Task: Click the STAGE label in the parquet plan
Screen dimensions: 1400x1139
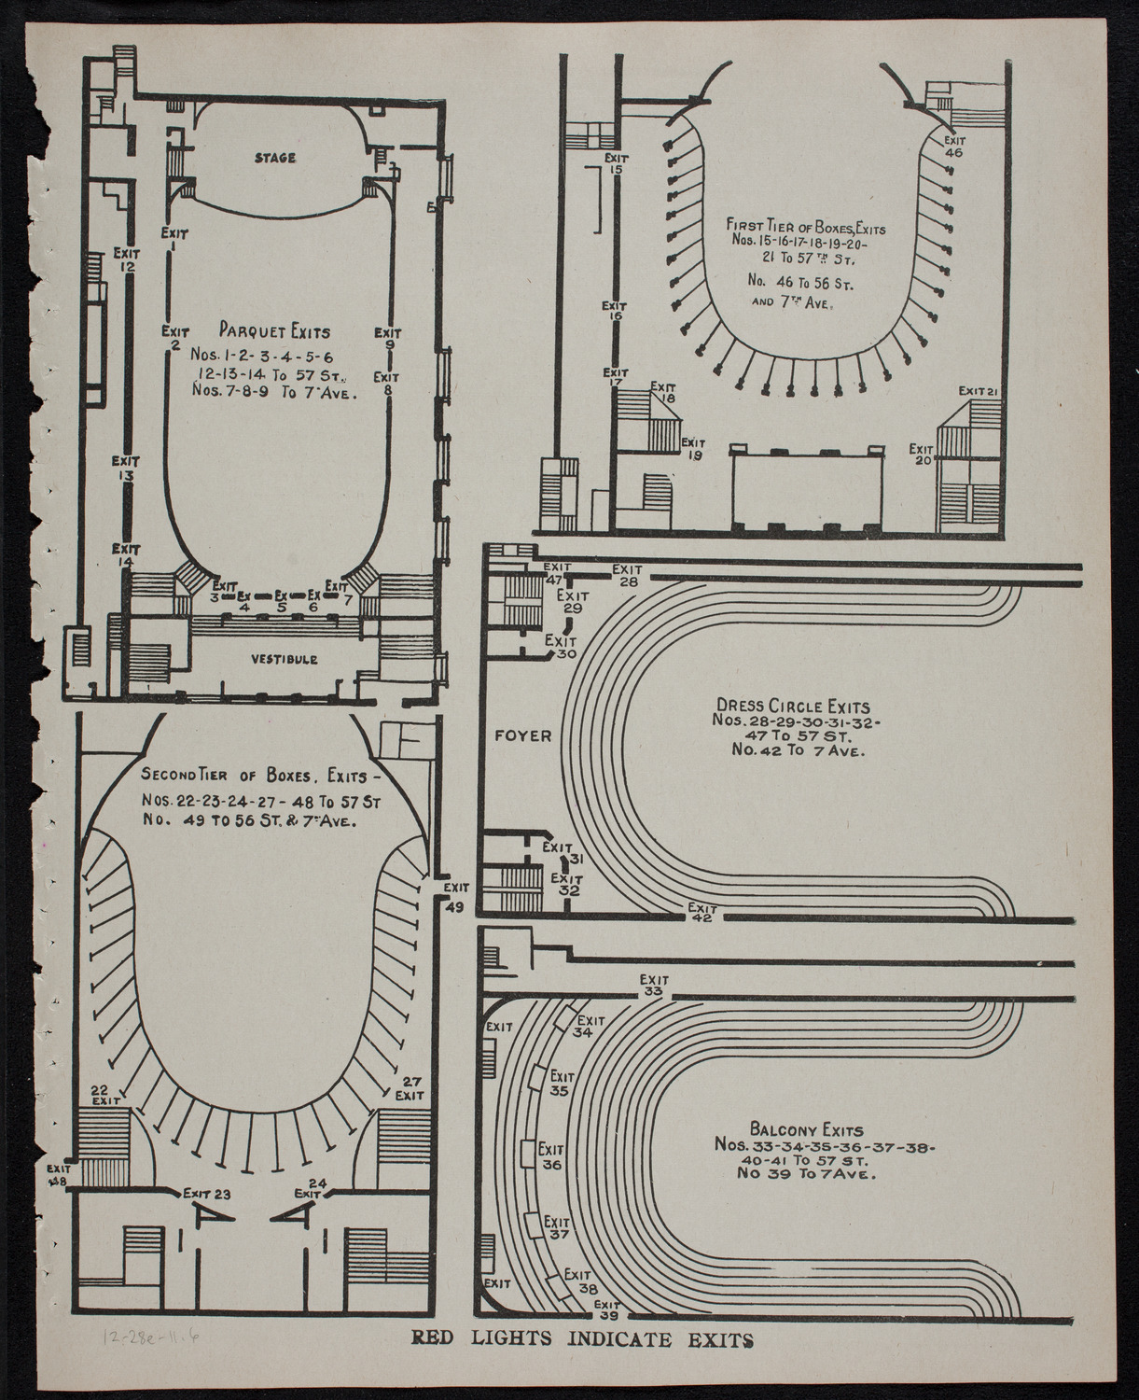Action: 275,158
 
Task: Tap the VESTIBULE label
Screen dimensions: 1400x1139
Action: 284,659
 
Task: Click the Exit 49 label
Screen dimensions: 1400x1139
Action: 456,896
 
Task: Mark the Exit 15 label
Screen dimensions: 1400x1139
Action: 615,163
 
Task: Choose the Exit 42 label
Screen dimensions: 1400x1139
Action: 701,913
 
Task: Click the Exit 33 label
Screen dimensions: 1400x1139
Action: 652,986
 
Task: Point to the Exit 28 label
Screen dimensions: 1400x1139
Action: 626,575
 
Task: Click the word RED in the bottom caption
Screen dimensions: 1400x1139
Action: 438,1368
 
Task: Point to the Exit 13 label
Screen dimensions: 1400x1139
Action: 126,468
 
